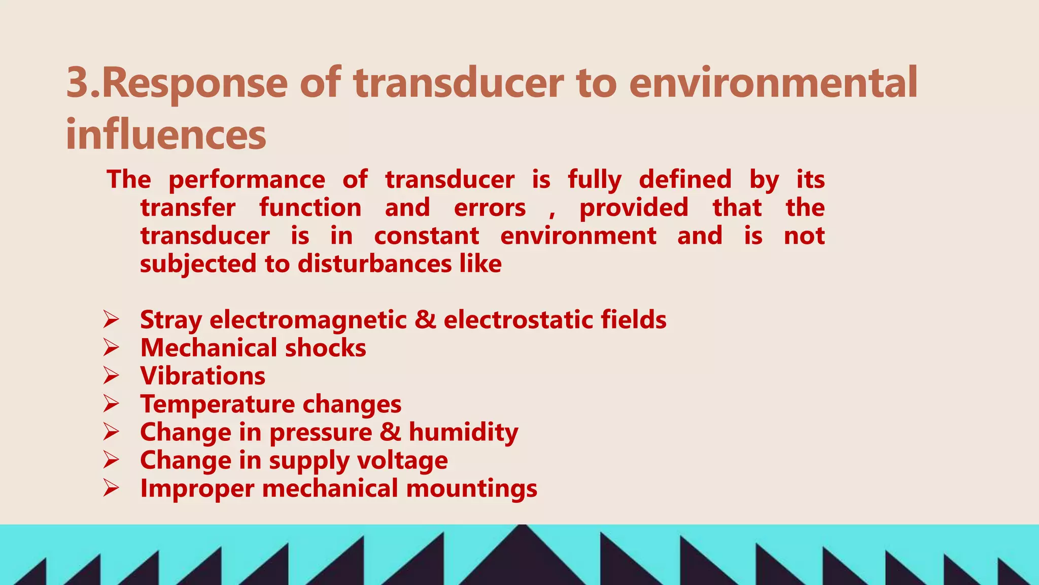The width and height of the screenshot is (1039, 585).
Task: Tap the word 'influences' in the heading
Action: click(x=166, y=135)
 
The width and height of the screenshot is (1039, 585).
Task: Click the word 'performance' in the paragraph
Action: click(x=247, y=180)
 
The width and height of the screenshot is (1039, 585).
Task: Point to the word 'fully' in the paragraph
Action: click(x=594, y=180)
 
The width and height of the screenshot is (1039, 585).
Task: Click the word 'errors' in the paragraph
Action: click(x=490, y=208)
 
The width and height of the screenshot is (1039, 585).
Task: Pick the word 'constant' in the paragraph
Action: click(x=426, y=236)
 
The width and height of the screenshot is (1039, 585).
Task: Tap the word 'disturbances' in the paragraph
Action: click(x=374, y=264)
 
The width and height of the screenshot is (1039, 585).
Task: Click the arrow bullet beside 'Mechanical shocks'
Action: click(x=111, y=348)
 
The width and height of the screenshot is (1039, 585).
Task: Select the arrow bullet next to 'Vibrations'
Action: click(x=111, y=376)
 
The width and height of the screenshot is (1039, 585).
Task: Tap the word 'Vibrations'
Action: click(x=202, y=376)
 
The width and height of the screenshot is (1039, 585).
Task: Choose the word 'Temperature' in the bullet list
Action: click(x=217, y=404)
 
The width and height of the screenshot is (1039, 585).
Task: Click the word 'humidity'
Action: click(x=463, y=433)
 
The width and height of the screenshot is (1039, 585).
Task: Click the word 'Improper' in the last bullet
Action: click(x=197, y=489)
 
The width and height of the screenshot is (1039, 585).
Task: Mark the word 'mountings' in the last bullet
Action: click(x=471, y=489)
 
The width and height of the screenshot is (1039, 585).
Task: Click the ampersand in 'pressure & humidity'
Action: click(x=390, y=432)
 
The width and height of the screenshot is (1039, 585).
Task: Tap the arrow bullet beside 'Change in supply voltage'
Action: click(x=111, y=460)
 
